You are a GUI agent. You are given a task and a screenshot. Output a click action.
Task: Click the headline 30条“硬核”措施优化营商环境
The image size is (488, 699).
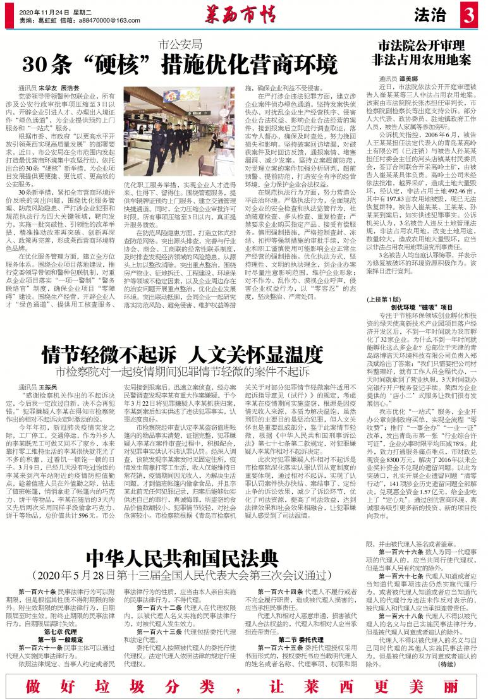pyautogui.click(x=180, y=64)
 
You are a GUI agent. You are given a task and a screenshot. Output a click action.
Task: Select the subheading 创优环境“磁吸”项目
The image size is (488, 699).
pyautogui.click(x=417, y=307)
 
